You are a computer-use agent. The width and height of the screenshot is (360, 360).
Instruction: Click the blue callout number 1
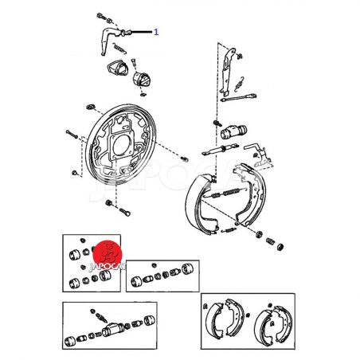(156, 32)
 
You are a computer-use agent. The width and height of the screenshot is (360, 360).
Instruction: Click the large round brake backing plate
(121, 145)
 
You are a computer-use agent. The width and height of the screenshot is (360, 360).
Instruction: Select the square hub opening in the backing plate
(122, 145)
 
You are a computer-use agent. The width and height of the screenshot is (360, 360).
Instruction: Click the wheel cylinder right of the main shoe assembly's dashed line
(233, 131)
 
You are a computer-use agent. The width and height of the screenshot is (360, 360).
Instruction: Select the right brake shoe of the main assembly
(251, 194)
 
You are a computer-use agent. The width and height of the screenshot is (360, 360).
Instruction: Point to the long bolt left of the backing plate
(72, 135)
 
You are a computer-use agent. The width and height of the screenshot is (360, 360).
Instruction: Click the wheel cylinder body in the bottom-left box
(113, 329)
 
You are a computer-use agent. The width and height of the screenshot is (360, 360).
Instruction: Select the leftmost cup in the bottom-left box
(70, 341)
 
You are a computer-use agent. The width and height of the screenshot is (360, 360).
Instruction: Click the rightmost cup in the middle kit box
(187, 269)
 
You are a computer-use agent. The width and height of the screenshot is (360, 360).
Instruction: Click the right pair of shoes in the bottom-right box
(273, 325)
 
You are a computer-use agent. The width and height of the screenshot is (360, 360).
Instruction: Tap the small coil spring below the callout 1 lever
(119, 49)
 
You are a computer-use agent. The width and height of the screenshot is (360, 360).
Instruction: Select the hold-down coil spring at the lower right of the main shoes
(270, 241)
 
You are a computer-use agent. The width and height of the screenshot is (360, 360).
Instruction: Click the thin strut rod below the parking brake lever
(238, 97)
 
